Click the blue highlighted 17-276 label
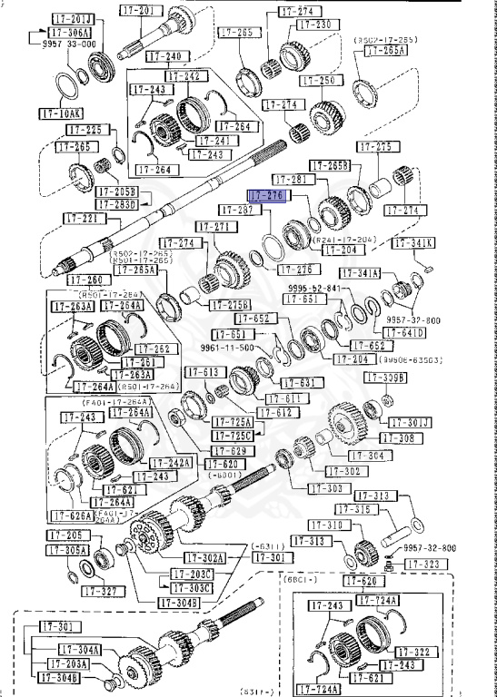(x=268, y=195)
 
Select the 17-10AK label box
(x=60, y=114)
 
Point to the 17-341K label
(x=414, y=242)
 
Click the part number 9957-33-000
(x=64, y=43)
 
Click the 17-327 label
(x=101, y=591)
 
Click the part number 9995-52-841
(x=314, y=288)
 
